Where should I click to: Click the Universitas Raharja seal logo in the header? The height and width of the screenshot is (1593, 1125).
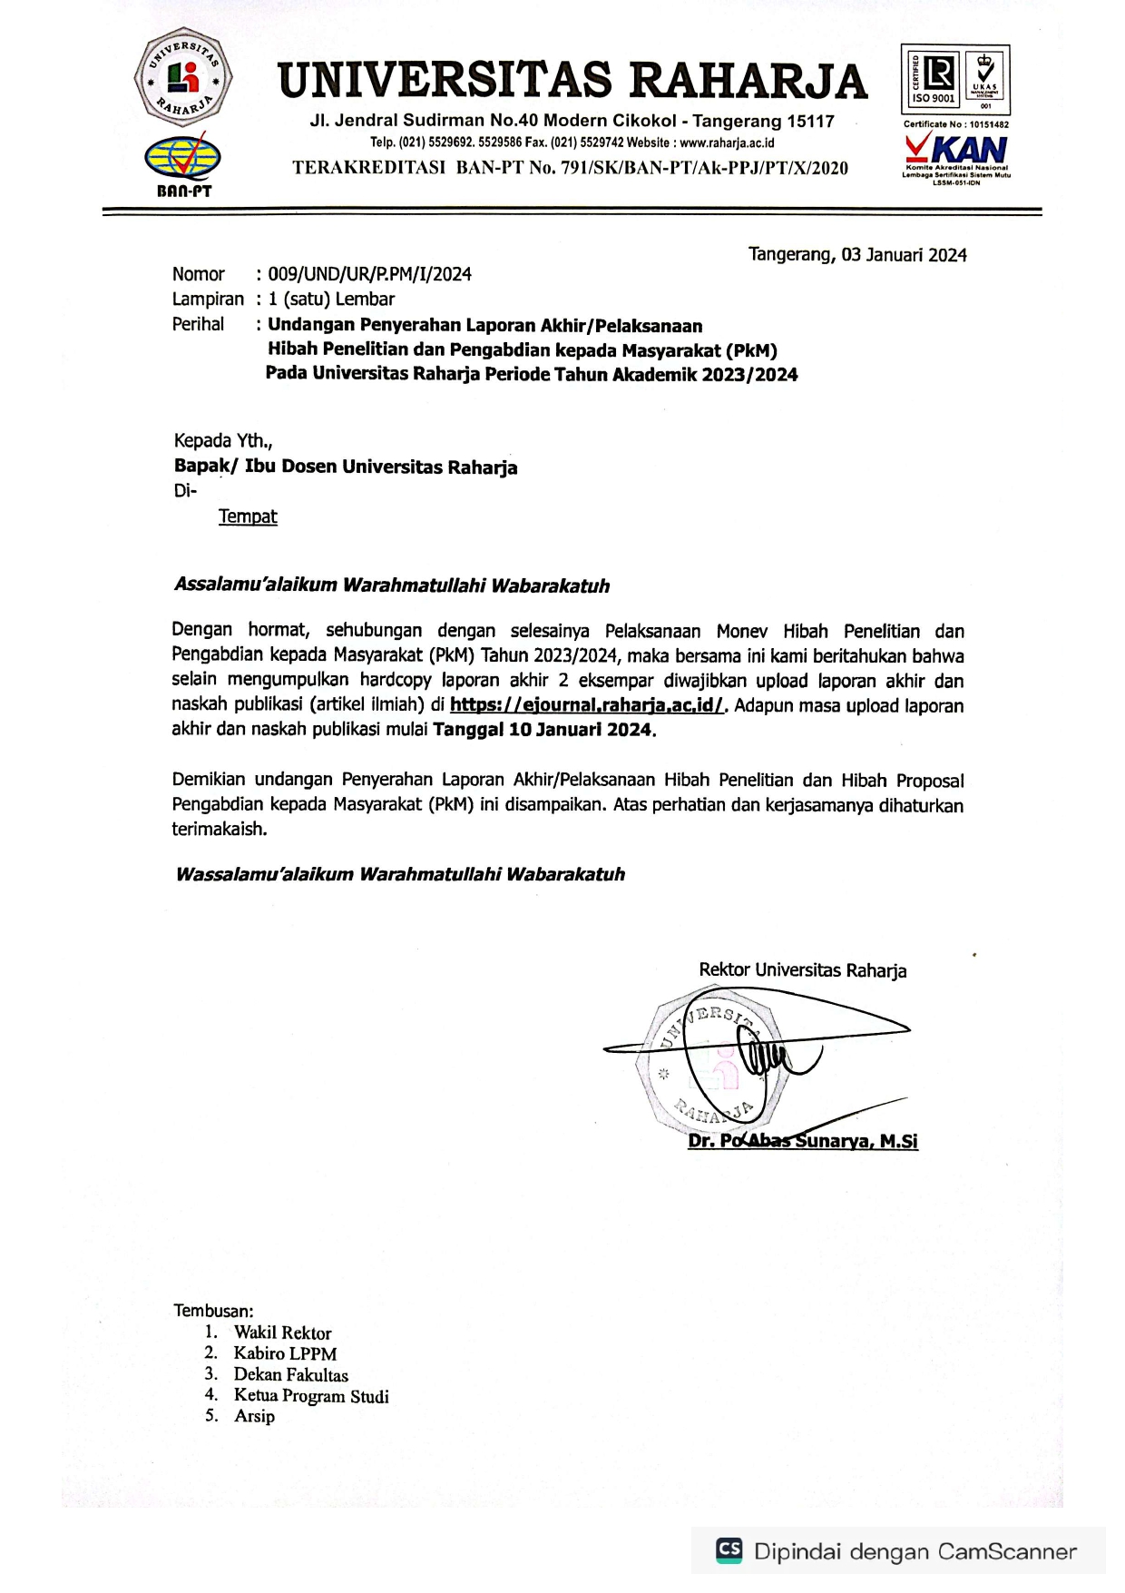(183, 77)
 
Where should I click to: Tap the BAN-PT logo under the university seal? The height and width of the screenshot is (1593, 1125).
(183, 162)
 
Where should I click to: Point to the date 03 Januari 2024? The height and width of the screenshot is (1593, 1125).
(904, 255)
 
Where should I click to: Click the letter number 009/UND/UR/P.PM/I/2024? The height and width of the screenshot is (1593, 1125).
(369, 274)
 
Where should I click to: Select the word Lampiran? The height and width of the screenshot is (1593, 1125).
(208, 299)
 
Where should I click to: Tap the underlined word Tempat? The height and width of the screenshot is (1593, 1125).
(248, 516)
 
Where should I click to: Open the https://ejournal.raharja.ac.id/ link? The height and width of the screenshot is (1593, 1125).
(588, 705)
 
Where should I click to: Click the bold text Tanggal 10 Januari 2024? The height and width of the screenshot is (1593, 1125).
(543, 730)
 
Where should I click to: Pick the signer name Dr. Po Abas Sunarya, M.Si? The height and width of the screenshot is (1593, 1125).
(803, 1141)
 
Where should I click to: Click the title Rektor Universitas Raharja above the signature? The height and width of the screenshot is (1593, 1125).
(803, 970)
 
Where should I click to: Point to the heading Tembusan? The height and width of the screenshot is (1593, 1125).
(213, 1311)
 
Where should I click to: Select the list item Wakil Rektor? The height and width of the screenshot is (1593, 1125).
(282, 1332)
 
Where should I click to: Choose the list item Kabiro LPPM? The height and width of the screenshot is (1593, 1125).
(285, 1353)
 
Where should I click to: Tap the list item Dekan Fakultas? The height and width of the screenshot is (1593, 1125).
(290, 1375)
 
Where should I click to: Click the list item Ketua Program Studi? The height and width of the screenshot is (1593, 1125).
(311, 1396)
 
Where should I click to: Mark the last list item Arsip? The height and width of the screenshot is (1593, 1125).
(254, 1416)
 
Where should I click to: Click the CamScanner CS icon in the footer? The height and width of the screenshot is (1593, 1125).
(729, 1549)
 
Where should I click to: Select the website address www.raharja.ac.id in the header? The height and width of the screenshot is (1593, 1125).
(727, 143)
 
